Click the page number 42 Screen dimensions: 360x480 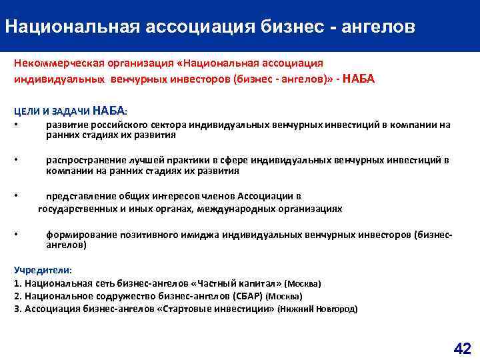(462, 348)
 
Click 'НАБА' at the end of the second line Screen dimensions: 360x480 (358, 79)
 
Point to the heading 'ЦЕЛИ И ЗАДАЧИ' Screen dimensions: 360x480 (50, 111)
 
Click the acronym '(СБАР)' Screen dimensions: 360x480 (247, 296)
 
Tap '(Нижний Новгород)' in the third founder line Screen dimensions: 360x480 (317, 309)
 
